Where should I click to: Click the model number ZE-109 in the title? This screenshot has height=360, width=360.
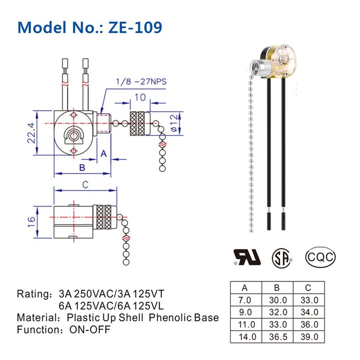coord(134,27)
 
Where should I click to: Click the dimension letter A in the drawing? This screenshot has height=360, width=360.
coord(103,154)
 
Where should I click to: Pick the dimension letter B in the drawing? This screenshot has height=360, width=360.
coord(82,168)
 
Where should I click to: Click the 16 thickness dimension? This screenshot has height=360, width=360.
coord(31,220)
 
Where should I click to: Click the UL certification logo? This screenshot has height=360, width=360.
coord(246,256)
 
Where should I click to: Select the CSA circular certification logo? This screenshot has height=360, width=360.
coord(282,257)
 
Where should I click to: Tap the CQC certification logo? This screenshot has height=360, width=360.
coord(320,257)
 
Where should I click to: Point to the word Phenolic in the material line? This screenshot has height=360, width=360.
coord(168,318)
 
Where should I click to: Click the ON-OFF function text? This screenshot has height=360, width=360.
coord(90,329)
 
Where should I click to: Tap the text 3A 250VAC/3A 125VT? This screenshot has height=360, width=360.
coord(111,294)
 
